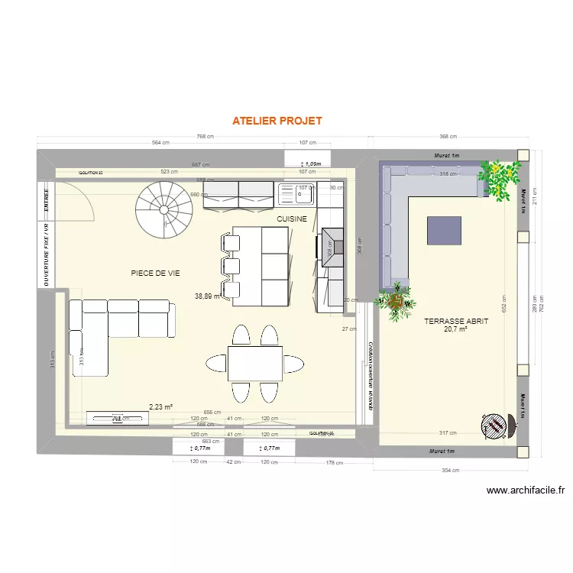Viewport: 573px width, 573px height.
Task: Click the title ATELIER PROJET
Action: (x=277, y=121)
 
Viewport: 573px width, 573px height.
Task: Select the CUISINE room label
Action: (x=292, y=219)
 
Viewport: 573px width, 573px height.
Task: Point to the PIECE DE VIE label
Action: (x=155, y=273)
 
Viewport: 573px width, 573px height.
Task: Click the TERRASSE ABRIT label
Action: (x=456, y=322)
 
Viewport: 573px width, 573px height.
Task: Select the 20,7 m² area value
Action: (x=455, y=330)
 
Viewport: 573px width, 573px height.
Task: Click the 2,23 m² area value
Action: (x=160, y=407)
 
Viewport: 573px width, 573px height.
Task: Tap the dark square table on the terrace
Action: (x=444, y=230)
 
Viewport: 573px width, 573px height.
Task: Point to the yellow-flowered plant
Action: (x=500, y=180)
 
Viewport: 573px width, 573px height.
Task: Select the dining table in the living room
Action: (x=254, y=363)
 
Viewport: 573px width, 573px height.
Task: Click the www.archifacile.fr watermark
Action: (x=524, y=490)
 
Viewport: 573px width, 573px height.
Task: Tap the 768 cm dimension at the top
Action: (x=205, y=137)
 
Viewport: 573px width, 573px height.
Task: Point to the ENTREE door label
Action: (x=47, y=198)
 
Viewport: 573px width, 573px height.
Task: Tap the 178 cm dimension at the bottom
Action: (x=332, y=462)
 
